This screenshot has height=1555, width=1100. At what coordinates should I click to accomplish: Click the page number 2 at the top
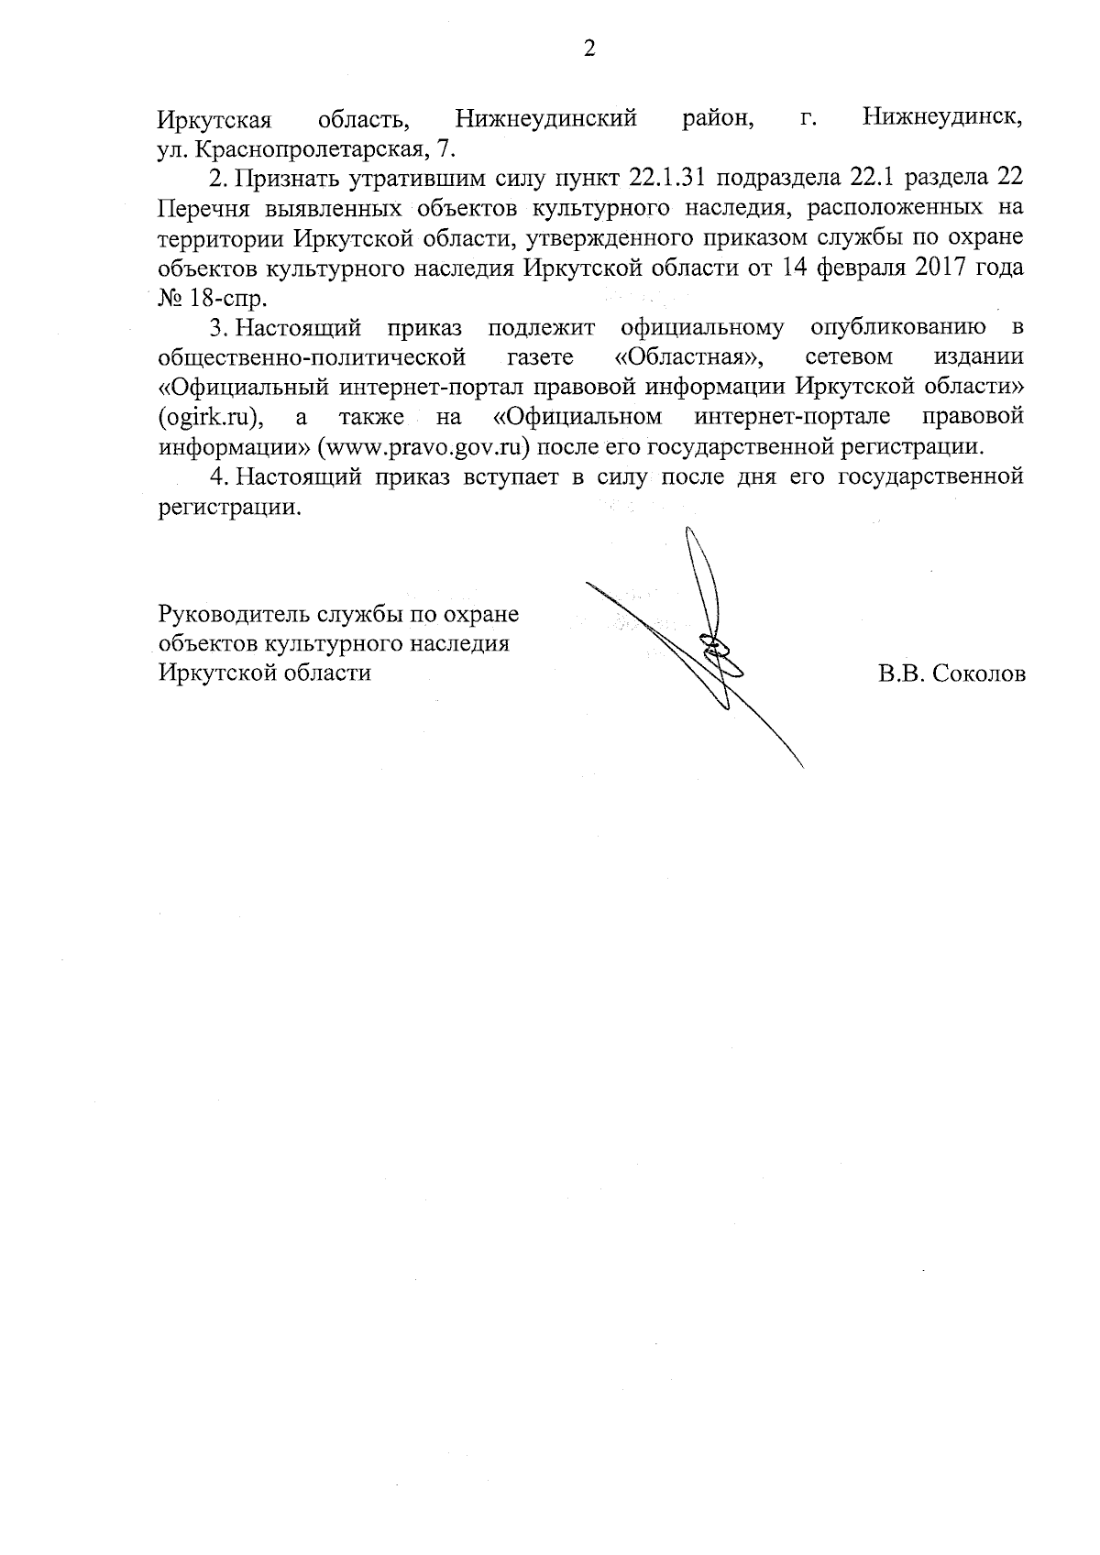tap(589, 49)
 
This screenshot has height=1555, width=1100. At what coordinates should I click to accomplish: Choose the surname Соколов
tap(979, 673)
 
